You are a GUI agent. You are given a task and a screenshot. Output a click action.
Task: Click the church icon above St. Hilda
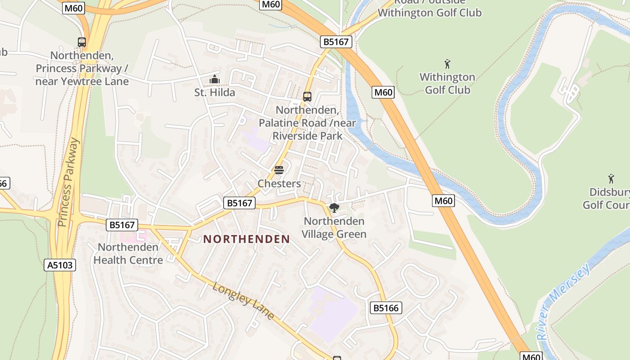click(x=215, y=80)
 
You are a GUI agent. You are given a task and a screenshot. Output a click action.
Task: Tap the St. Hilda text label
click(x=215, y=93)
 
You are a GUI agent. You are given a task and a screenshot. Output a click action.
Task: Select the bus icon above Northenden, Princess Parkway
click(x=82, y=42)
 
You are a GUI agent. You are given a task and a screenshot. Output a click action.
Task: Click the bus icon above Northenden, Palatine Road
click(x=307, y=96)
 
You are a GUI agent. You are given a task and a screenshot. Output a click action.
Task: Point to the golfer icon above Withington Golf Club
click(x=447, y=64)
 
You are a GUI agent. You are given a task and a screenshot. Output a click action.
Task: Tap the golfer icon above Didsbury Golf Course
click(x=611, y=179)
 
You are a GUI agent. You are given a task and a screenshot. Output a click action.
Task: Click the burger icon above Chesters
click(x=279, y=170)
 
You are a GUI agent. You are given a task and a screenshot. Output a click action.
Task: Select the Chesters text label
click(x=279, y=184)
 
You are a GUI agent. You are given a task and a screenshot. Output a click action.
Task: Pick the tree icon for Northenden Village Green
click(x=334, y=207)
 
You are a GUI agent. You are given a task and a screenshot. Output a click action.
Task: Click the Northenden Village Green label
click(x=334, y=228)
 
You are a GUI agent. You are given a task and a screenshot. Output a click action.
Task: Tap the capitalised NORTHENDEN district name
click(x=247, y=239)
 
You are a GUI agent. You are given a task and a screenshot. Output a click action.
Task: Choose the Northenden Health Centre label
click(x=128, y=254)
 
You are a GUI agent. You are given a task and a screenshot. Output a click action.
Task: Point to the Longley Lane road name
click(x=243, y=301)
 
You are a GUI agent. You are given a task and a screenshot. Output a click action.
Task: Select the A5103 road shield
click(x=60, y=265)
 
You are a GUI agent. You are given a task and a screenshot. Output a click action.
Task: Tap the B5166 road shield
click(x=386, y=308)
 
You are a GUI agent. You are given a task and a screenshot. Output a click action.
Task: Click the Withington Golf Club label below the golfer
click(x=447, y=84)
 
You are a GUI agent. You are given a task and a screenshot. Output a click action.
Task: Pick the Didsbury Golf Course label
click(x=607, y=198)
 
